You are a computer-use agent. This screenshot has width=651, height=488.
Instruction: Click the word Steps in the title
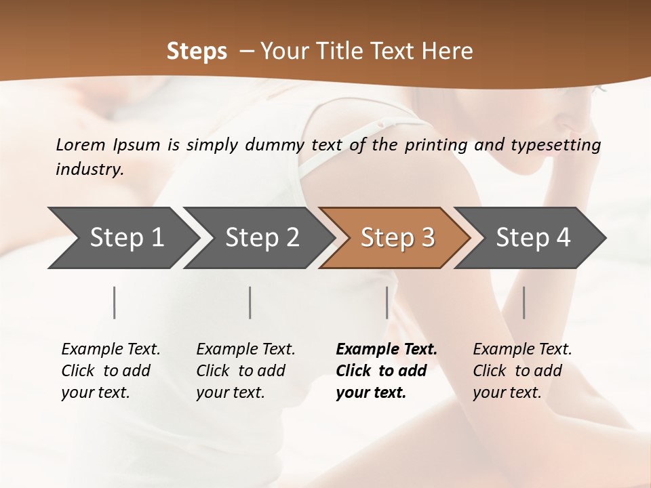(x=197, y=52)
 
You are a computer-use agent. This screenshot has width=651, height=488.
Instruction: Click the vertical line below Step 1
(x=115, y=302)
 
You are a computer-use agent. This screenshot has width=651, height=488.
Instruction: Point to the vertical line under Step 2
(x=250, y=302)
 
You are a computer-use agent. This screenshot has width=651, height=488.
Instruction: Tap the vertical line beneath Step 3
(x=387, y=302)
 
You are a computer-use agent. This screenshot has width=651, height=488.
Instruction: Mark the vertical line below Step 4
(x=524, y=302)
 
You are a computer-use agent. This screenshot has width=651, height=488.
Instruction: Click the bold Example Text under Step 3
(x=387, y=370)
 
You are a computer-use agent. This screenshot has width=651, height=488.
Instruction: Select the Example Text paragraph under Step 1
(x=111, y=370)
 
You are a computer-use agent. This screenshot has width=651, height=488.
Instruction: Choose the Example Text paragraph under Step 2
(x=245, y=370)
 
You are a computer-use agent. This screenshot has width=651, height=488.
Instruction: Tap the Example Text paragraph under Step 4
(x=522, y=370)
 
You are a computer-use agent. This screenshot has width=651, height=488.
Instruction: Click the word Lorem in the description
(x=81, y=144)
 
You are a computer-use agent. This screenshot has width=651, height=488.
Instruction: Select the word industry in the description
(x=89, y=169)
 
